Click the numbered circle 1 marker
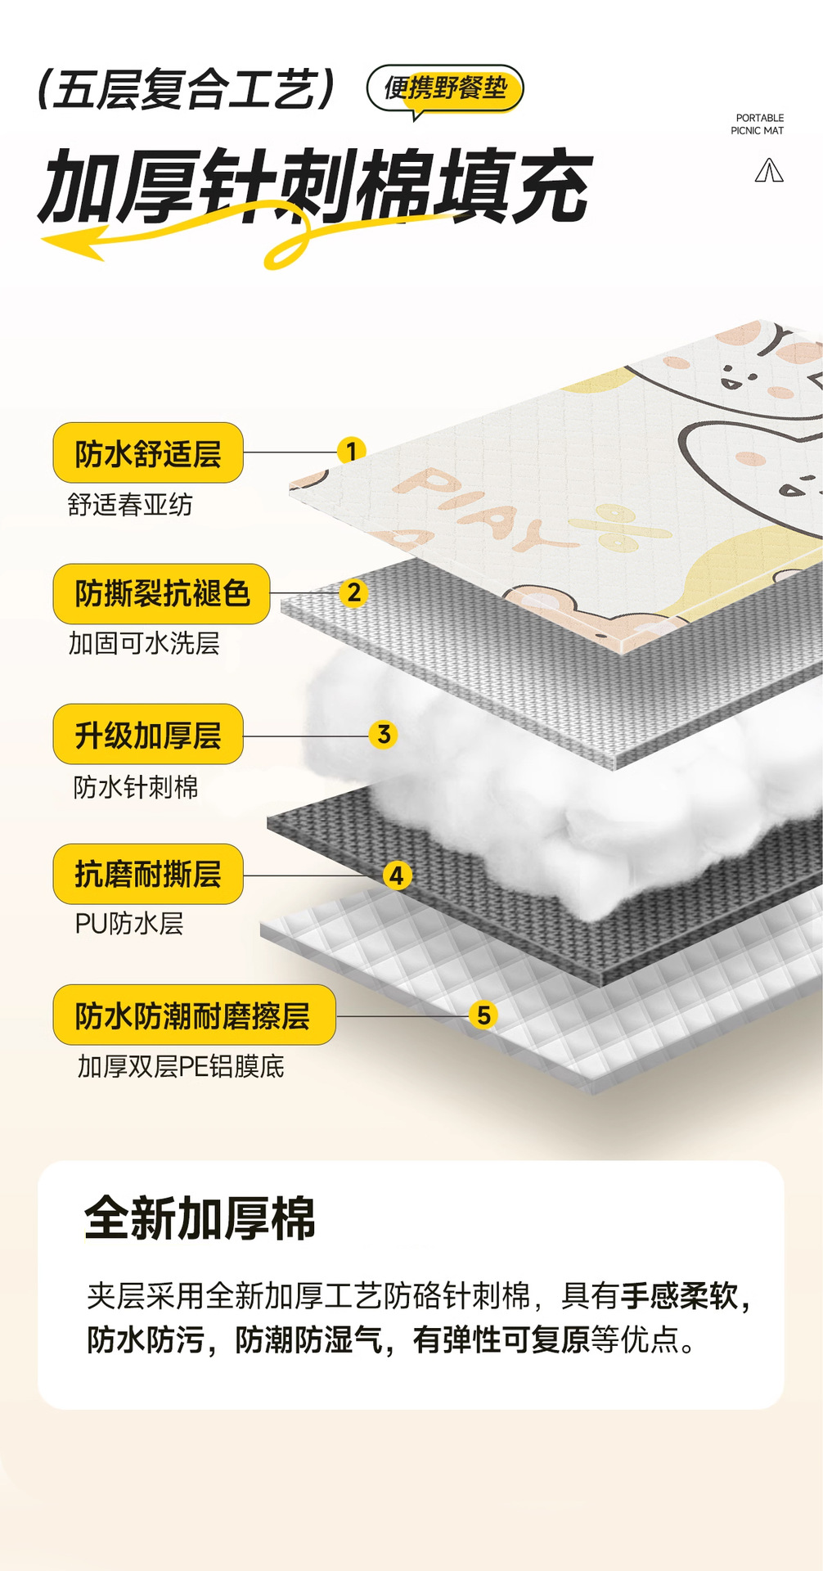click(351, 451)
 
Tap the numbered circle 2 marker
click(353, 592)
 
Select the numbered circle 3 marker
click(384, 735)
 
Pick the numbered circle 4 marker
click(397, 876)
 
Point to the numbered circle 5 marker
click(483, 1015)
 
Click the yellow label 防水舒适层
click(148, 453)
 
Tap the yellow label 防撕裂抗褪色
click(161, 594)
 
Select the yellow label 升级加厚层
click(148, 735)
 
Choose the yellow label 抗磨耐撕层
click(148, 875)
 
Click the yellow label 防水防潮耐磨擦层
click(194, 1015)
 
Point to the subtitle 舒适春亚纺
click(130, 505)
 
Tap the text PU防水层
click(129, 924)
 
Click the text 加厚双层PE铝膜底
click(181, 1067)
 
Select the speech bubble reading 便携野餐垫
click(444, 88)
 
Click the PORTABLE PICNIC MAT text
click(758, 124)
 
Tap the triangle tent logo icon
click(769, 171)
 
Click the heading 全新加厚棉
click(200, 1219)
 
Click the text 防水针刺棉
click(136, 787)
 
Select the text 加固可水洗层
click(144, 644)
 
